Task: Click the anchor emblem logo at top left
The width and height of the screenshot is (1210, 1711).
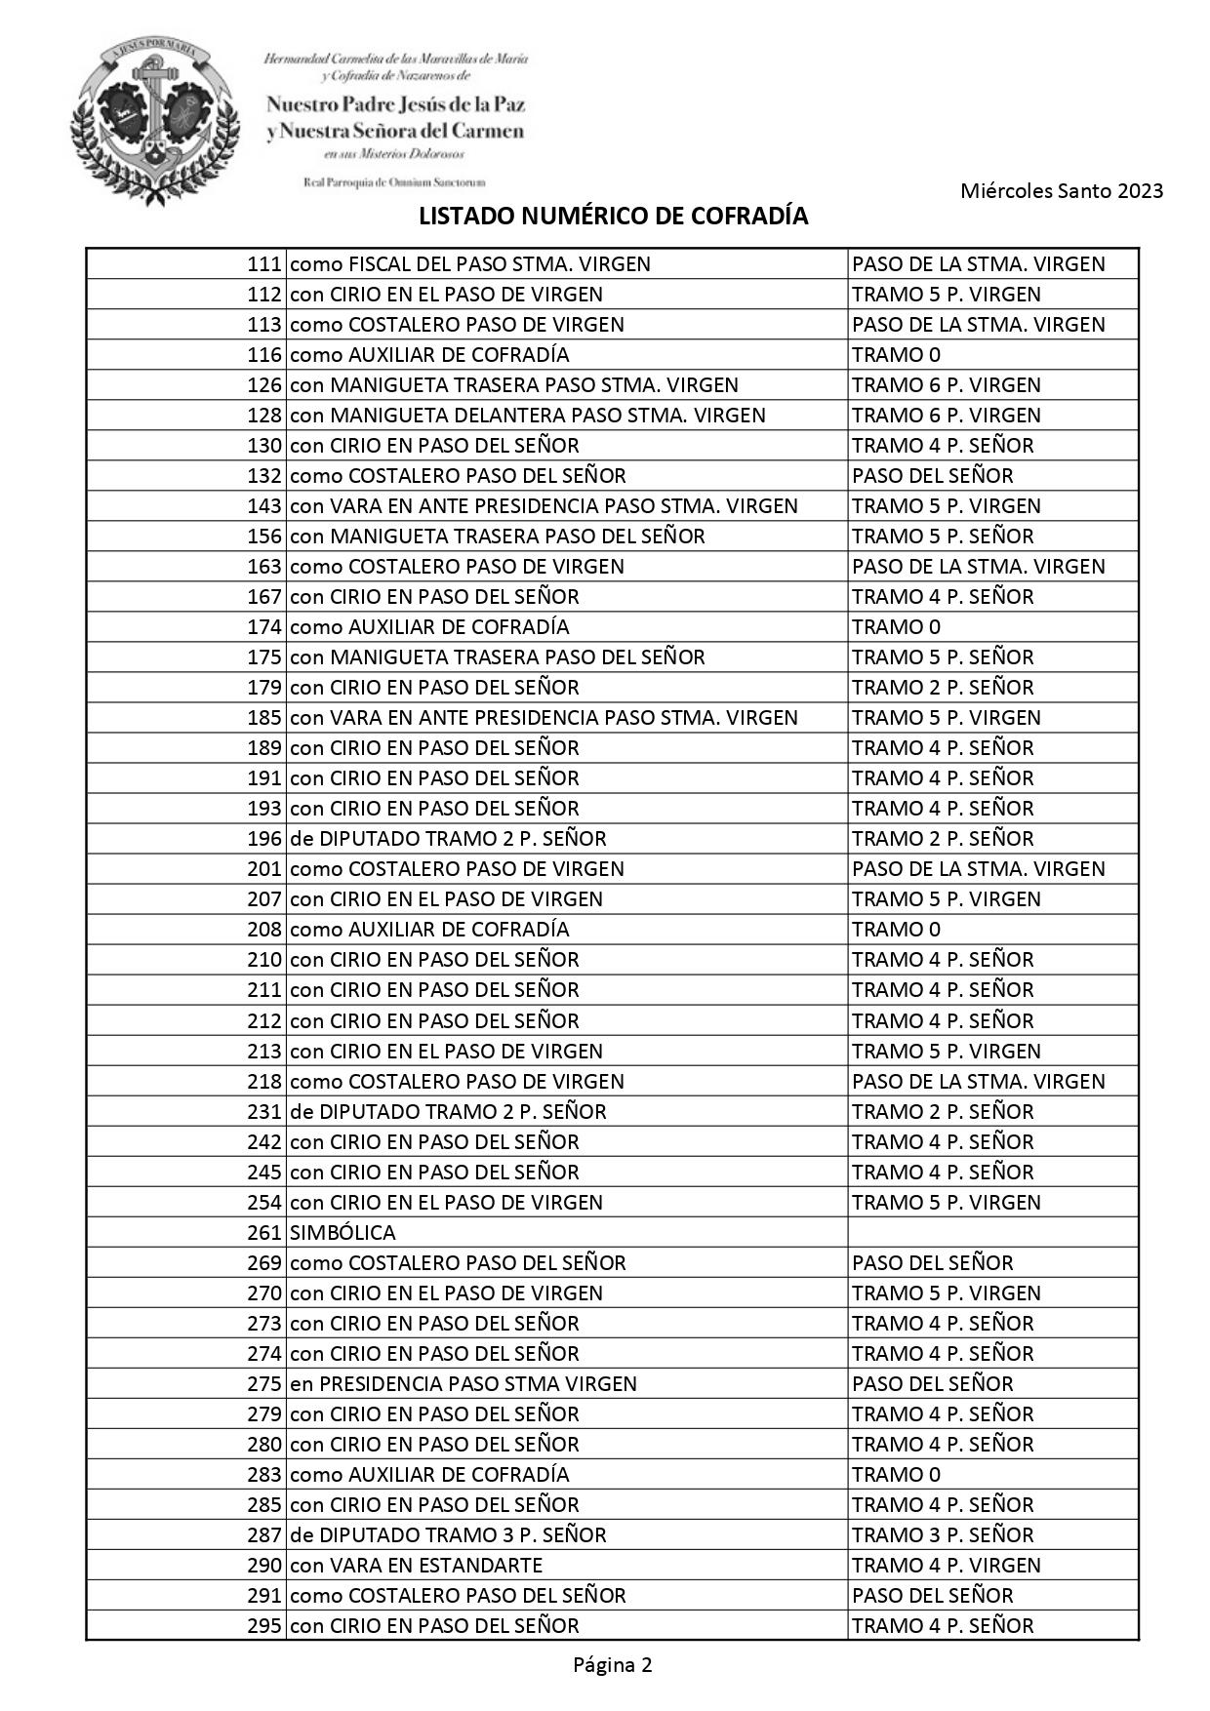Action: [x=154, y=115]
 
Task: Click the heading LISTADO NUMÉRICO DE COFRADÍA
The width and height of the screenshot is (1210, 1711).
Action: [x=613, y=217]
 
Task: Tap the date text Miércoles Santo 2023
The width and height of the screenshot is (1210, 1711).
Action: [x=1062, y=191]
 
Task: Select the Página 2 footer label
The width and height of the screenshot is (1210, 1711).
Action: [x=612, y=1665]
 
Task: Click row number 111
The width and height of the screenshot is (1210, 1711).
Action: [x=263, y=264]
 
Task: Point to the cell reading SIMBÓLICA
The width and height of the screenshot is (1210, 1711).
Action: [x=343, y=1233]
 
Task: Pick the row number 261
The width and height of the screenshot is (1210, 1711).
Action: [x=263, y=1233]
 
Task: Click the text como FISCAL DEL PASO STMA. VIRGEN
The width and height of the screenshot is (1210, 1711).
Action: [x=470, y=264]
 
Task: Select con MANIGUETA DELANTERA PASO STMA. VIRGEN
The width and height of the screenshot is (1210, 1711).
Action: [x=528, y=416]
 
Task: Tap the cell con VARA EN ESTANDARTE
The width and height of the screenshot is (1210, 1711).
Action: [x=416, y=1566]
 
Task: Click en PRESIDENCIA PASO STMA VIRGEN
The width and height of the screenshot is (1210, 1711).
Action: [x=464, y=1384]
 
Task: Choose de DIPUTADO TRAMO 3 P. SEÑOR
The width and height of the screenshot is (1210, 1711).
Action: [x=448, y=1535]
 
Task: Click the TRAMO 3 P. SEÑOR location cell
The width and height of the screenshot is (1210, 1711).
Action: [x=943, y=1535]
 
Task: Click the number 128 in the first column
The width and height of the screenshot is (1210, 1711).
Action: [x=263, y=416]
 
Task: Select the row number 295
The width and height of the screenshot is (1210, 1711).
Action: [x=263, y=1626]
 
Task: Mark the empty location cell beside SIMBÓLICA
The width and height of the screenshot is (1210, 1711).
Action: [x=992, y=1233]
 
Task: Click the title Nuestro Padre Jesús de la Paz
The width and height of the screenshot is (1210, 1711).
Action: [x=395, y=104]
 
